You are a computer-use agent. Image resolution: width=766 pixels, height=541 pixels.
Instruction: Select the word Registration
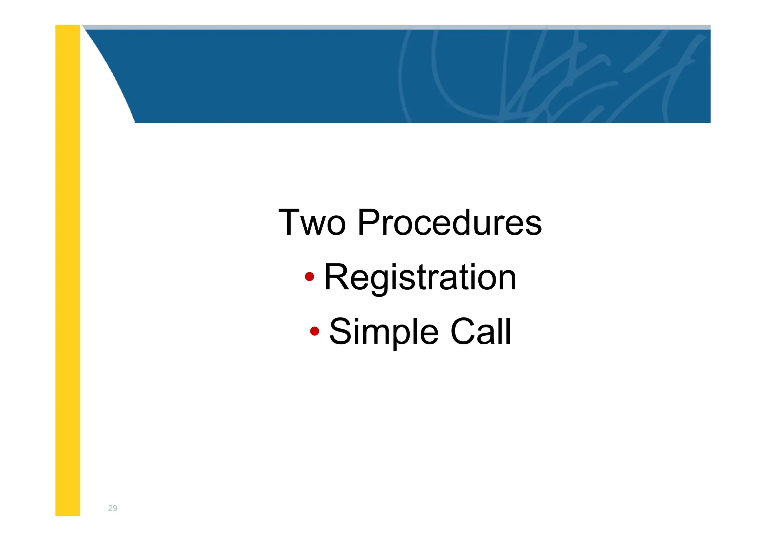point(420,277)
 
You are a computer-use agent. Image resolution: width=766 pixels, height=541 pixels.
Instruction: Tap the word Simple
point(384,332)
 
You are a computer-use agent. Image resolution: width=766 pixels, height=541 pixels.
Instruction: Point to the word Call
point(481,332)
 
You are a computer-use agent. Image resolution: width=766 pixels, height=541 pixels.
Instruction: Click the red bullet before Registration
point(309,277)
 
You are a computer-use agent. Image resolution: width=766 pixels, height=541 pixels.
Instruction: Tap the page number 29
point(113,508)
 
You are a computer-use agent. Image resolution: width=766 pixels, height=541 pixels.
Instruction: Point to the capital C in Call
point(464,332)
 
